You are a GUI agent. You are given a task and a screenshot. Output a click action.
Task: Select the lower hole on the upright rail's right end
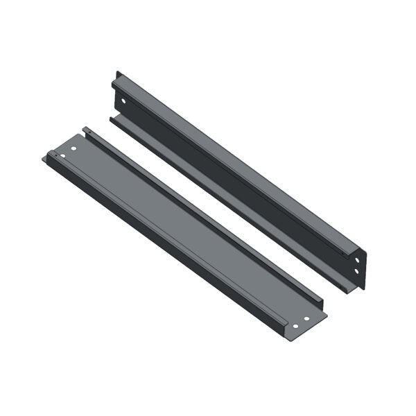(357, 270)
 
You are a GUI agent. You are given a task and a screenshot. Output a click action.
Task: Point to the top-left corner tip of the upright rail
(116, 71)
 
